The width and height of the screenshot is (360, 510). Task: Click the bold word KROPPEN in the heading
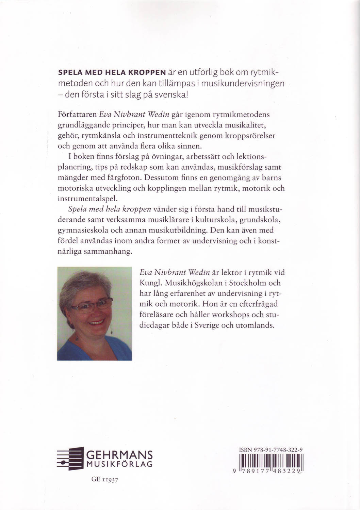pos(146,73)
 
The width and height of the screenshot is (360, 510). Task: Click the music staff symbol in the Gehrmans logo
pos(70,458)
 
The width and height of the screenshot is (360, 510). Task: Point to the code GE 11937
pos(105,479)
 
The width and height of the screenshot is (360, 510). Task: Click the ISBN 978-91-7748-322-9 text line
pos(271,450)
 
